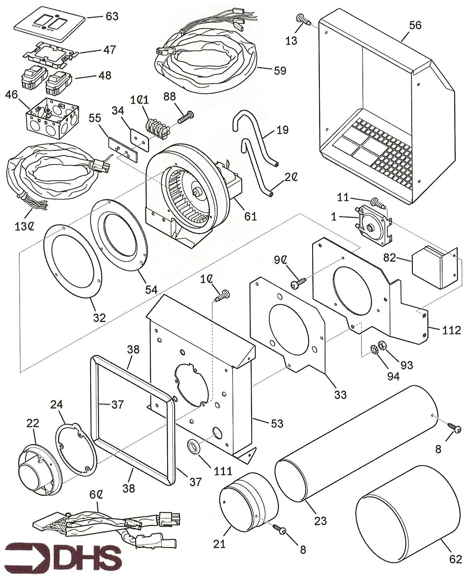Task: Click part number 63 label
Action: coord(112,16)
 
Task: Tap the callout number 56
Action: coord(415,25)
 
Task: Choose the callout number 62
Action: coord(455,559)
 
